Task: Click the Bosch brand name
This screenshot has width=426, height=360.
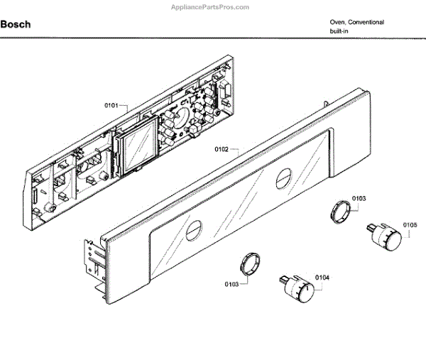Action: [15, 24]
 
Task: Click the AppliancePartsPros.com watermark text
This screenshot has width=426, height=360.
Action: [213, 6]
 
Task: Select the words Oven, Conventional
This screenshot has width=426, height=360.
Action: [356, 22]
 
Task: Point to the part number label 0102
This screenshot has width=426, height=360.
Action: [221, 150]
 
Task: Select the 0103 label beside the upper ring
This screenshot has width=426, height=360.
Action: [357, 198]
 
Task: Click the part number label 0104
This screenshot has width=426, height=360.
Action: [322, 278]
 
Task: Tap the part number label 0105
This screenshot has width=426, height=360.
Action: [410, 226]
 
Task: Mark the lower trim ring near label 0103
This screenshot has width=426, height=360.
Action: [249, 262]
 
